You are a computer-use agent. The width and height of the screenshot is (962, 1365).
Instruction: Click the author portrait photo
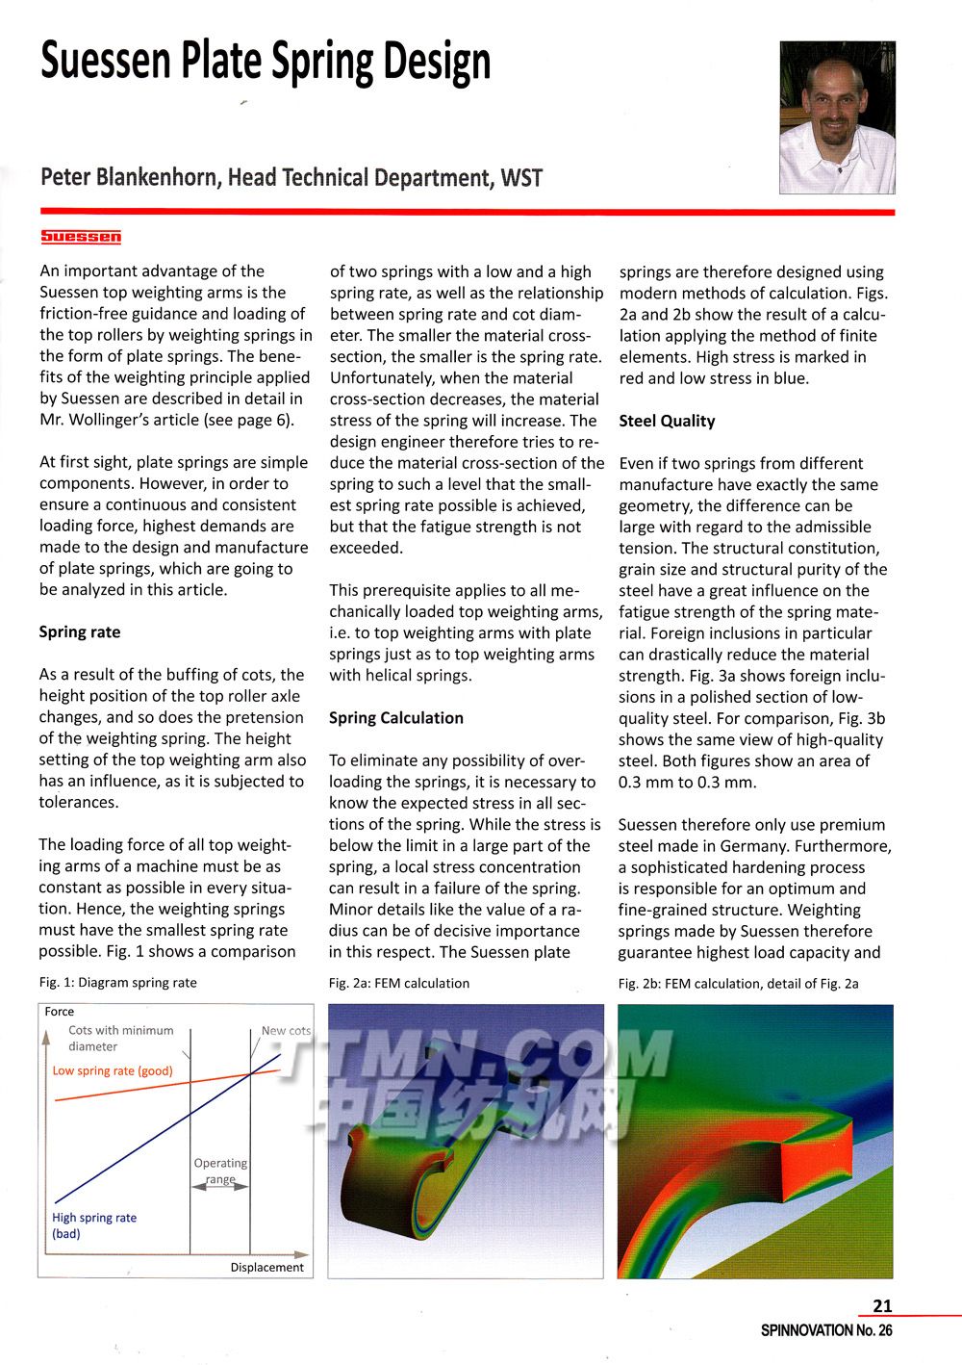tap(837, 117)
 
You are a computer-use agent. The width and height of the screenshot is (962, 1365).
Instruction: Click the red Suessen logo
tap(81, 237)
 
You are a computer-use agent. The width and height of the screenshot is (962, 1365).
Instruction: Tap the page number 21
tap(882, 1306)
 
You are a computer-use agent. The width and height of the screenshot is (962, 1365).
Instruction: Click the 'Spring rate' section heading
tap(80, 632)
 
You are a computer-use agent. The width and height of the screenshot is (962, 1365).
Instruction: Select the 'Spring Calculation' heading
tap(396, 718)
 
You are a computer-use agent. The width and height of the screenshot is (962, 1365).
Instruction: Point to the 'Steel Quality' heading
tap(667, 421)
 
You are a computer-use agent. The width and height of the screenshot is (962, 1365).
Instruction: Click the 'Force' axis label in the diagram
tap(60, 1012)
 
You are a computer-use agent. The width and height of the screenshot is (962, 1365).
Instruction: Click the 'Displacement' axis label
tap(266, 1267)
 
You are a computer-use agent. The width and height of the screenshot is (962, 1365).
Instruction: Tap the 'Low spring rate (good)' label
tap(113, 1070)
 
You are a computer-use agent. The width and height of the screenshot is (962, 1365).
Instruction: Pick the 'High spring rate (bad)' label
tap(93, 1225)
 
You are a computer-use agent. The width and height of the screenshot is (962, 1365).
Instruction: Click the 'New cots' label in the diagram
tap(286, 1030)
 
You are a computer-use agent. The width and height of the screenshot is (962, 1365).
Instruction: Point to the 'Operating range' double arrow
tap(220, 1187)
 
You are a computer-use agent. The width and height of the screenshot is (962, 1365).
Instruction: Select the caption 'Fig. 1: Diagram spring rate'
tap(118, 983)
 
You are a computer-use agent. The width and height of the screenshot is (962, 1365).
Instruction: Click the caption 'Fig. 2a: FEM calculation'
tap(399, 983)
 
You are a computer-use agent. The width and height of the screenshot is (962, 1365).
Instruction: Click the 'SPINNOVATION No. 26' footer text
tap(826, 1330)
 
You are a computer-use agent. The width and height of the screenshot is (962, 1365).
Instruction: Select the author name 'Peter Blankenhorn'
tap(129, 178)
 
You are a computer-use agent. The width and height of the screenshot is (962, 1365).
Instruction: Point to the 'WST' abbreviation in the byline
tap(521, 178)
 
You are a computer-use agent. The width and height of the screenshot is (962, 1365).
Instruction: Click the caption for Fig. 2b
tap(739, 983)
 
